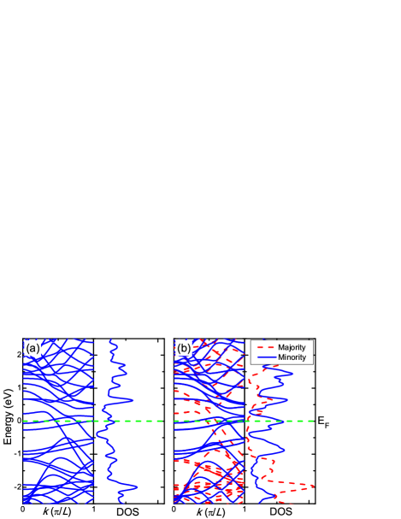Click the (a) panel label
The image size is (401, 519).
coord(32,348)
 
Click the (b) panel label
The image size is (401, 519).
coord(184,348)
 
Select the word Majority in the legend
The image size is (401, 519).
coord(292,347)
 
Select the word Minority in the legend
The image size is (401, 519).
coord(292,357)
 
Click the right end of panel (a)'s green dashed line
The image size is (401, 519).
coord(163,421)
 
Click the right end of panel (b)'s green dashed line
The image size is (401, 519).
coord(314,421)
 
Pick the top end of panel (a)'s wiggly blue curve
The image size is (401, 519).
coord(112,340)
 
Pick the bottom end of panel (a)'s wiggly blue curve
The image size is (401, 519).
coord(121,502)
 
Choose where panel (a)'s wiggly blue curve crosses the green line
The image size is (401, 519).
coord(106,421)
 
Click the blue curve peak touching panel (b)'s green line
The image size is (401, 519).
coord(281,419)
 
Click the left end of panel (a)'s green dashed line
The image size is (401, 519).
coord(24,421)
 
